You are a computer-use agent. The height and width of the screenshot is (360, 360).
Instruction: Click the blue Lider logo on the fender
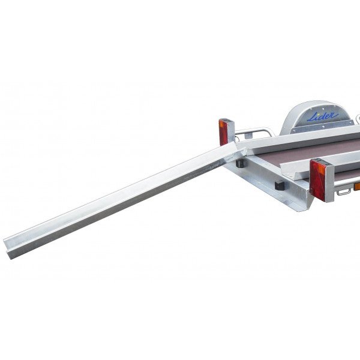coord(323,116)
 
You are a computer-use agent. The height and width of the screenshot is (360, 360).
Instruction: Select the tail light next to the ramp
coord(224,132)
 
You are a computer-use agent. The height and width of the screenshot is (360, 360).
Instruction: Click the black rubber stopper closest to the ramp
coord(240,162)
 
